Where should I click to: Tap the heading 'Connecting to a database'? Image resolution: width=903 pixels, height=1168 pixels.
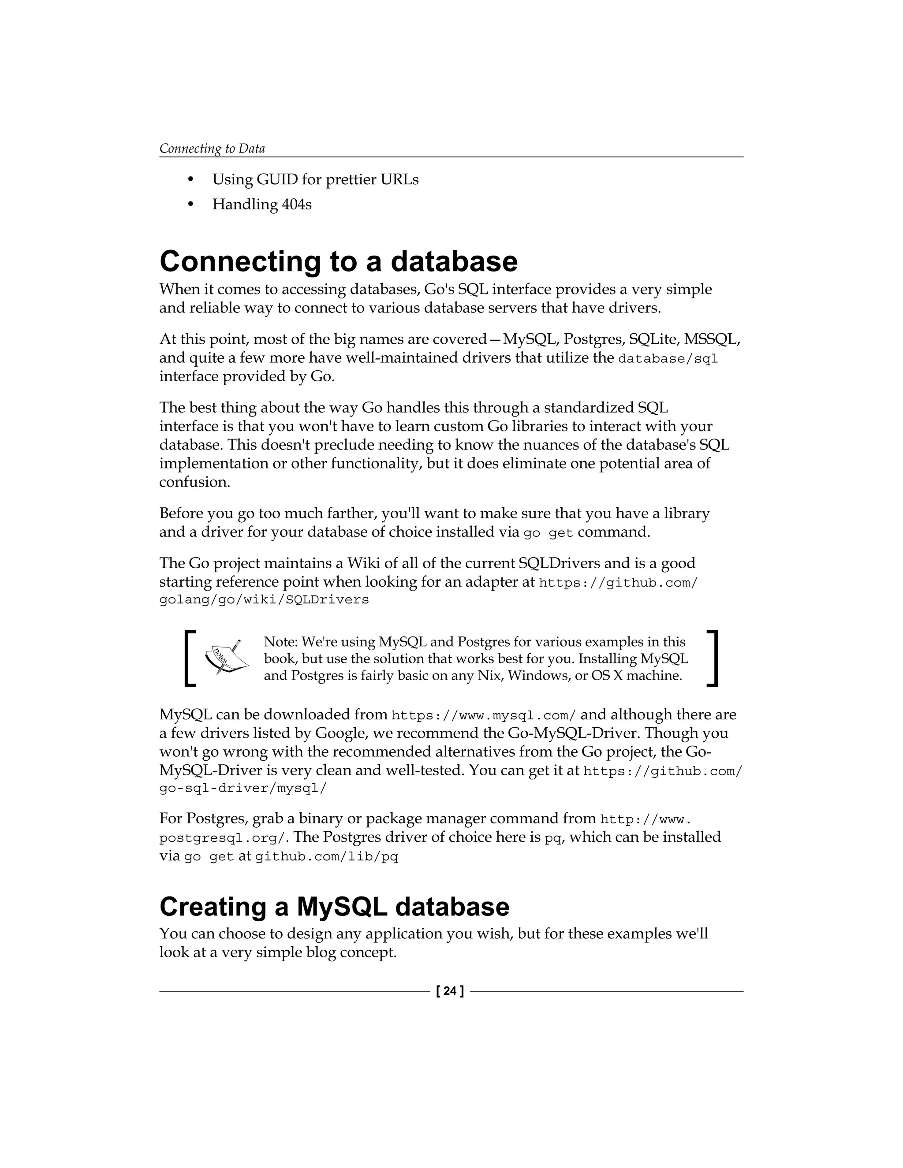coord(338,261)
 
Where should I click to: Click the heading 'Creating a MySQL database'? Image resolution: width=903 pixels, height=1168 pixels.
coord(334,907)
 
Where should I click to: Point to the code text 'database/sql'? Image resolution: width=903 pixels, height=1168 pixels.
coord(668,358)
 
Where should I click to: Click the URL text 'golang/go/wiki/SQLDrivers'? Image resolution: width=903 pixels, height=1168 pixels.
coord(264,600)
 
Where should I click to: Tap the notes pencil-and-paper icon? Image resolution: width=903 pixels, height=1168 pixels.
coord(227,657)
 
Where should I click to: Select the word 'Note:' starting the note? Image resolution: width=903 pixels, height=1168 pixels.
coord(281,642)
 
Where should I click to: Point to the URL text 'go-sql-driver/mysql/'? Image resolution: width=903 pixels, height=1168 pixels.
coord(243,789)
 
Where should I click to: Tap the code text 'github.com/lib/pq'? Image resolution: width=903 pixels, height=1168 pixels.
coord(326,857)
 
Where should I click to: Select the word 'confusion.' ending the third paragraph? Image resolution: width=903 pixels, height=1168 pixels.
coord(195,482)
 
